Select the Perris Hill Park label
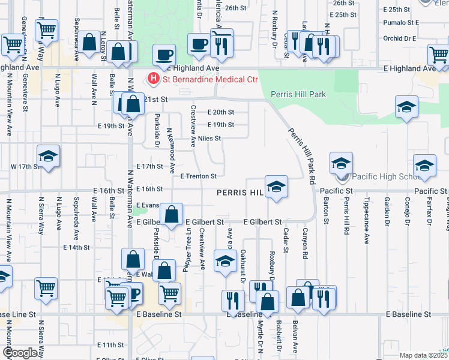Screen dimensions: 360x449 [298, 94]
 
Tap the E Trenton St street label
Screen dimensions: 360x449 [197, 176]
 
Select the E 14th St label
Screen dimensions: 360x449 [76, 247]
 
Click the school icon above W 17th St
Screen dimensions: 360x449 [48, 155]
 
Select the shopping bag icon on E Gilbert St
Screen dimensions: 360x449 [172, 214]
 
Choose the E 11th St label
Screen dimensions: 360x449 [110, 345]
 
